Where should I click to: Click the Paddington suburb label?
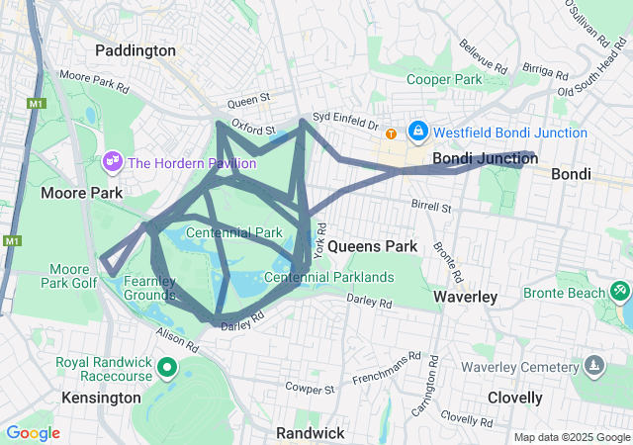(136, 50)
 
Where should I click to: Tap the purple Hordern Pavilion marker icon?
(113, 159)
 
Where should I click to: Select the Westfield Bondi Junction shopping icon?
(418, 132)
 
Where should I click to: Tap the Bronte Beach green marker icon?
(620, 291)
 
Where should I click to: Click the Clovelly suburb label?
(514, 398)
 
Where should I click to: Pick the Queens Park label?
(372, 245)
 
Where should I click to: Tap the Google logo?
(33, 433)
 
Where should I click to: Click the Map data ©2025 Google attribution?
(571, 437)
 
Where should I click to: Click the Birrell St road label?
(430, 209)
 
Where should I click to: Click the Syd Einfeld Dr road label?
(345, 120)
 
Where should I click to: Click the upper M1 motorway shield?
(37, 104)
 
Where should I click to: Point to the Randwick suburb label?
(310, 433)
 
